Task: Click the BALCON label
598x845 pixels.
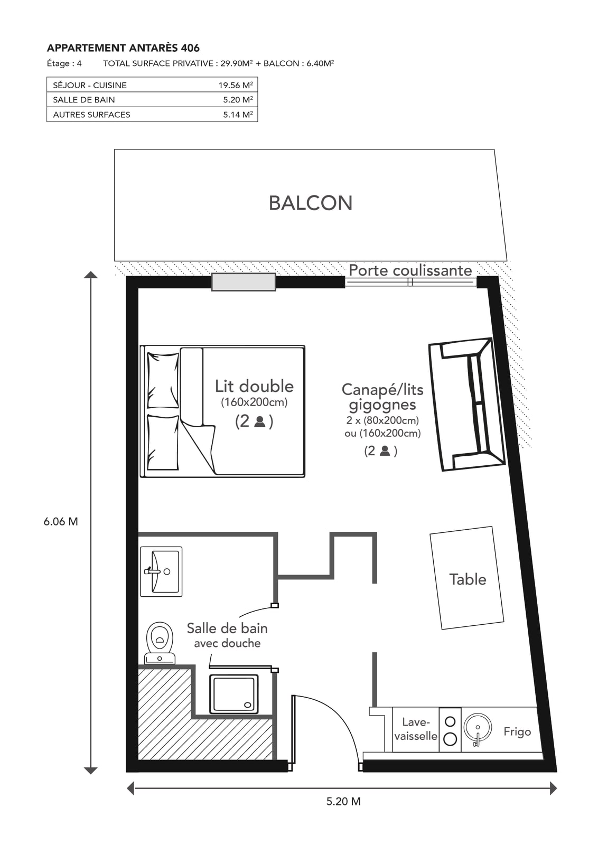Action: tap(311, 203)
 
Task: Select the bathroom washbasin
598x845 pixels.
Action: tap(161, 571)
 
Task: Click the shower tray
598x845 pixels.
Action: tap(234, 694)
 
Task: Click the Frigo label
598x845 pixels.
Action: tap(517, 732)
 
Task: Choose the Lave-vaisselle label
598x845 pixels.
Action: tap(416, 729)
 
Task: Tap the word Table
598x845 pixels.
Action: tap(468, 579)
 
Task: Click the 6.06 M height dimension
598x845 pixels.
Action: tap(61, 522)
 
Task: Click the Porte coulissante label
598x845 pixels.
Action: tap(410, 270)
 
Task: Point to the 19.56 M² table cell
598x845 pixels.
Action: tap(236, 85)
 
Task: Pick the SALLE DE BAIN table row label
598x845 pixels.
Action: tap(84, 100)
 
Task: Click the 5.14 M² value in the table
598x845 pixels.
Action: tap(238, 115)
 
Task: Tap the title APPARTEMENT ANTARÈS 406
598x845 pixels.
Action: tap(123, 48)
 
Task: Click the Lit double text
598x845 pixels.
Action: tap(254, 386)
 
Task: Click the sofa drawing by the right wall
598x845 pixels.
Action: tap(466, 405)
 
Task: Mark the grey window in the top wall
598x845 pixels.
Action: tap(244, 282)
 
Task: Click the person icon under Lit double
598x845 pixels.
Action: tap(259, 421)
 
